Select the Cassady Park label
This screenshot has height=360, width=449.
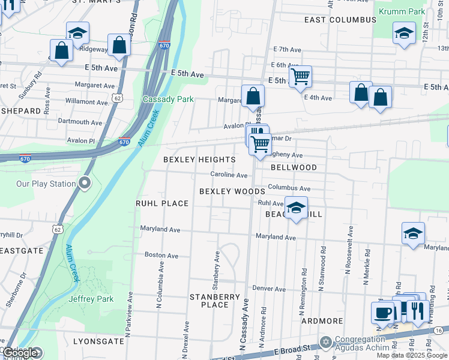pos(168,99)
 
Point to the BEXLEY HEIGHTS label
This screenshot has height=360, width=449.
pos(199,160)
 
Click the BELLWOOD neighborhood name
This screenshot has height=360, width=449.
pos(294,167)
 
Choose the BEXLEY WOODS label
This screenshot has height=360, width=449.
pos(232,191)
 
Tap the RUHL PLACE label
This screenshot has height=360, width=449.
pos(162,203)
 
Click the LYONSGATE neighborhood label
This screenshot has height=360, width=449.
pos(98,341)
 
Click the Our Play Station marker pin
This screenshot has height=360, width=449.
pos(85,182)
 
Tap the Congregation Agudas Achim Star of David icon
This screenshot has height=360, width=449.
pos(326,342)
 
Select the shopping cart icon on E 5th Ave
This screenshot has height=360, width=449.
pos(300,76)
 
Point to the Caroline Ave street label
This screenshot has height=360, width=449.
pos(229,175)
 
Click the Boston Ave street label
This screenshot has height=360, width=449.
pos(161,255)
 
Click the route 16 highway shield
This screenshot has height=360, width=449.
pos(439,330)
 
